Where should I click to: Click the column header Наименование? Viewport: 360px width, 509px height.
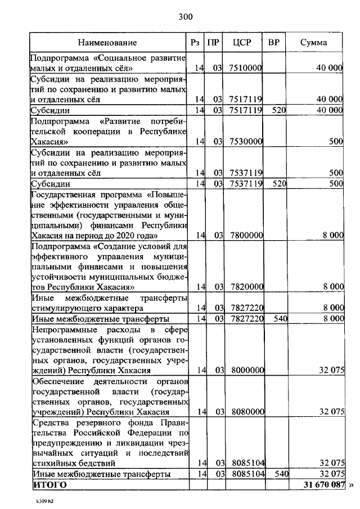tap(107, 43)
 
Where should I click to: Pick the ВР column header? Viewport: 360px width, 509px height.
tap(274, 43)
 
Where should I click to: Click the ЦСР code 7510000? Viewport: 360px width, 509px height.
tap(246, 68)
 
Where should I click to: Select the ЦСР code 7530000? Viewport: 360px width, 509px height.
tap(246, 142)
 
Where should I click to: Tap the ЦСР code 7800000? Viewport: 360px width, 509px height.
tap(246, 235)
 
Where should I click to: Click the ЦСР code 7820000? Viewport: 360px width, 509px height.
tap(246, 287)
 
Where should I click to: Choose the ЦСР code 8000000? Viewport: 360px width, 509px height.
tap(246, 371)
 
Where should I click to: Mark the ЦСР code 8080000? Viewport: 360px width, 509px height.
tap(246, 412)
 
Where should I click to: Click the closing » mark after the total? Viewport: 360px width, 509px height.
tap(353, 485)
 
